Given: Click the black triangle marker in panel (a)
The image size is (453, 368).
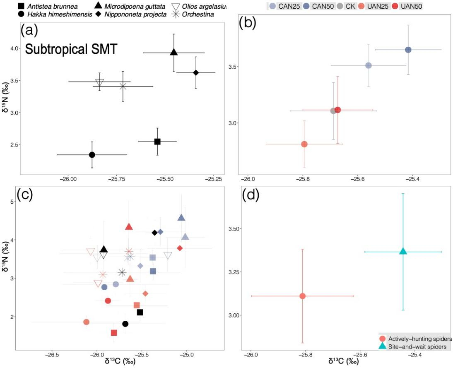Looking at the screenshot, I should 174,52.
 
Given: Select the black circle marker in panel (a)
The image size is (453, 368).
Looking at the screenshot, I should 92,155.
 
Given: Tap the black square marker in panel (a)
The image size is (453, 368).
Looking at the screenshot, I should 157,142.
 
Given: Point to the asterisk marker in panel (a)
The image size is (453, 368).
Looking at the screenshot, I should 123,86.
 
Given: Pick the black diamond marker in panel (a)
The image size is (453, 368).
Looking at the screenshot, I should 196,73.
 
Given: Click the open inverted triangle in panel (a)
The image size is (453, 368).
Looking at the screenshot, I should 99,82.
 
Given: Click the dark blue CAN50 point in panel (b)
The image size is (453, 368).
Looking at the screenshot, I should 408,50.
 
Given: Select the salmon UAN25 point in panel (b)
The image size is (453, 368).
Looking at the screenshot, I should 304,144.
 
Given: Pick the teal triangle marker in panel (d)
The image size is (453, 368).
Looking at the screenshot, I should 403,251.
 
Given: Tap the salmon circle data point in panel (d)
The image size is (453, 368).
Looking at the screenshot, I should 303,296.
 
